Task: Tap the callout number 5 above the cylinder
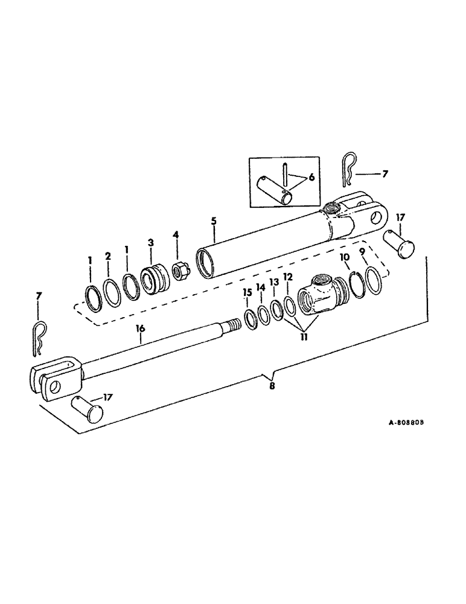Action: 214,222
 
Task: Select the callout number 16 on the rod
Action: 140,329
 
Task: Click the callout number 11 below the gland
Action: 304,336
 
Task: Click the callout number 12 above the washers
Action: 289,277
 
